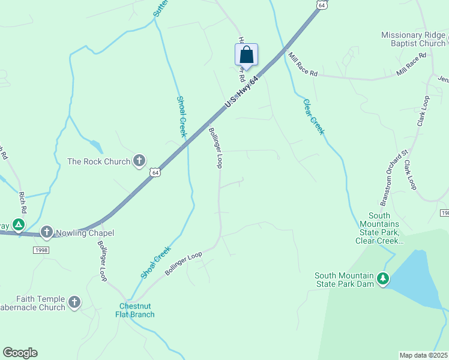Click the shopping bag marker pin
pyautogui.click(x=246, y=55)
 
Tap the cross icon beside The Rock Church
pyautogui.click(x=139, y=160)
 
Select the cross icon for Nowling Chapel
pyautogui.click(x=47, y=232)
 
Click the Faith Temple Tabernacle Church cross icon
pyautogui.click(x=74, y=302)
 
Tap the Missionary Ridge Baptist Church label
pyautogui.click(x=413, y=39)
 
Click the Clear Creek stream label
pyautogui.click(x=313, y=116)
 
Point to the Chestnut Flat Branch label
pyautogui.click(x=135, y=310)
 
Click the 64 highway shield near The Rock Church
pyautogui.click(x=155, y=173)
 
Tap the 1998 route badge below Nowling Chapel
pyautogui.click(x=41, y=250)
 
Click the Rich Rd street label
pyautogui.click(x=22, y=203)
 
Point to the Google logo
pyautogui.click(x=20, y=353)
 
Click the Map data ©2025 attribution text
pyautogui.click(x=423, y=355)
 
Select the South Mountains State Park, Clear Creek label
pyautogui.click(x=379, y=228)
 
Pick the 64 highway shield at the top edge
pyautogui.click(x=323, y=5)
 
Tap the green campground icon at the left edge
pyautogui.click(x=19, y=225)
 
